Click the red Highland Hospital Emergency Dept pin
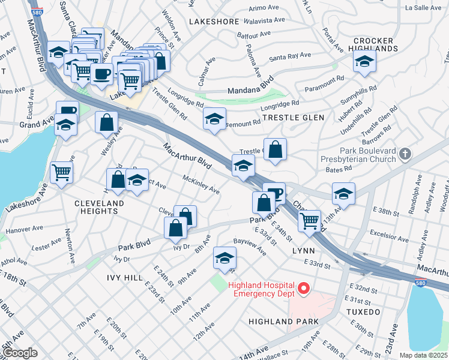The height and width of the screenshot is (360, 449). tap(304, 289)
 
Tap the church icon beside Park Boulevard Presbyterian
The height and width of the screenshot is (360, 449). tap(406, 155)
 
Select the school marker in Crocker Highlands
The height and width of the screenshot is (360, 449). tap(364, 62)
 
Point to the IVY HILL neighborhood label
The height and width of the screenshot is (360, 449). tap(125, 277)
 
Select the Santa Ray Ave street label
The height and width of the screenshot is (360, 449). tap(290, 56)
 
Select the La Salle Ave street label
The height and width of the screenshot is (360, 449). tap(423, 8)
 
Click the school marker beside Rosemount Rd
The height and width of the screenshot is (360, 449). tap(214, 119)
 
